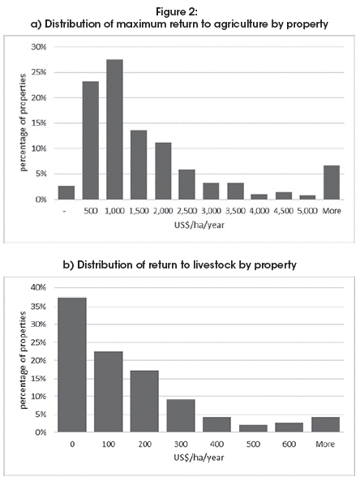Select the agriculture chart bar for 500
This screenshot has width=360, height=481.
91,140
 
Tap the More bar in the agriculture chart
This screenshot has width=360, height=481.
332,183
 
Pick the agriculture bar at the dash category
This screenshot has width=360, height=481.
66,193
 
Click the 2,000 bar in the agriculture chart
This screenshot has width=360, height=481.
163,171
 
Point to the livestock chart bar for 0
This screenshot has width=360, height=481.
72,365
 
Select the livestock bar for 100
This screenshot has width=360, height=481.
109,392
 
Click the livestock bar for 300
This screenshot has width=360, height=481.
181,415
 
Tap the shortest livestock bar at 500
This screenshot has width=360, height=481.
253,428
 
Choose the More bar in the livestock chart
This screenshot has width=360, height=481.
326,424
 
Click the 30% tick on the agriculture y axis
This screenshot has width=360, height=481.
39,47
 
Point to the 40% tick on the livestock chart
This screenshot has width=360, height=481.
39,287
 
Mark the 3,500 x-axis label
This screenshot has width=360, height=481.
235,211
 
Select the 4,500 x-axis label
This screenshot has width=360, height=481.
284,211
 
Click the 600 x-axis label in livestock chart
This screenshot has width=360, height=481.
289,444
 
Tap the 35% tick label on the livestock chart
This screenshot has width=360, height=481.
39,307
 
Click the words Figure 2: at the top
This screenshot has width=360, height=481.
178,12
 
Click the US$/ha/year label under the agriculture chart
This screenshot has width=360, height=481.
199,225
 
